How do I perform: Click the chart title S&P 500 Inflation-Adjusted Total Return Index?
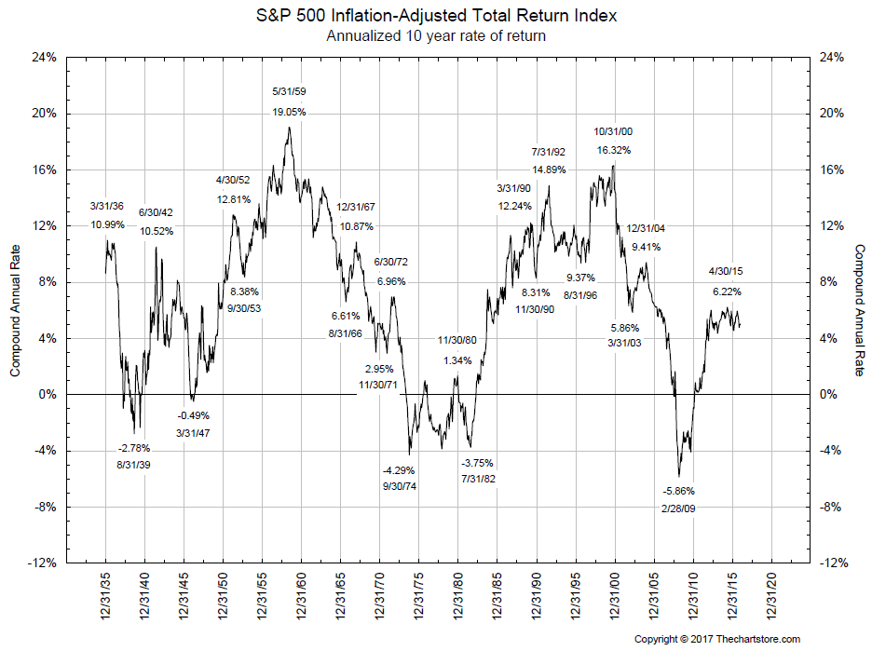pyautogui.click(x=436, y=17)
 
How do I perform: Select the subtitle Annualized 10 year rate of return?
pyautogui.click(x=436, y=36)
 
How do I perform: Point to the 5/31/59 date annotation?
pyautogui.click(x=289, y=92)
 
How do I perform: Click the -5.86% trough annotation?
pyautogui.click(x=678, y=491)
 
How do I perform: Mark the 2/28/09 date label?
pyautogui.click(x=678, y=509)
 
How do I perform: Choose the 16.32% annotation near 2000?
pyautogui.click(x=613, y=149)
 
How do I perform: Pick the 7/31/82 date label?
pyautogui.click(x=478, y=479)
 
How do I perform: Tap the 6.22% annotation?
pyautogui.click(x=726, y=291)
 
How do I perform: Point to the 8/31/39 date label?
pyautogui.click(x=133, y=463)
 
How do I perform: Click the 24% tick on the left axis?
pyautogui.click(x=46, y=58)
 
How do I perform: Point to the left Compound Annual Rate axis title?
pyautogui.click(x=16, y=310)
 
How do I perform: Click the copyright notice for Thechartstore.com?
pyautogui.click(x=717, y=639)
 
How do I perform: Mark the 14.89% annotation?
pyautogui.click(x=549, y=170)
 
